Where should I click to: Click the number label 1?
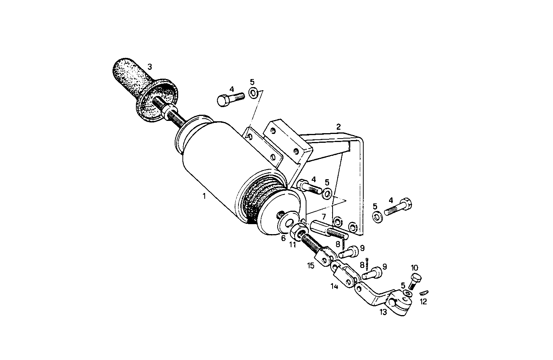coord(204,196)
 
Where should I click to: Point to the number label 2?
coord(338,126)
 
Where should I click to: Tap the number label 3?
coord(150,66)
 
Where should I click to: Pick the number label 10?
coord(414,268)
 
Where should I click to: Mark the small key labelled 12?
coord(423,292)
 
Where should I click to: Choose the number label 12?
coord(423,302)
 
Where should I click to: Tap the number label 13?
coord(383,312)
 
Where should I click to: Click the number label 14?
coord(334,286)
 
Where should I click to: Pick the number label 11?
coord(293,244)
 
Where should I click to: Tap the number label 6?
coord(283,238)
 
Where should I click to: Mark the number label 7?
coord(324,217)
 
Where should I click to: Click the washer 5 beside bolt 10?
coord(407,294)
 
